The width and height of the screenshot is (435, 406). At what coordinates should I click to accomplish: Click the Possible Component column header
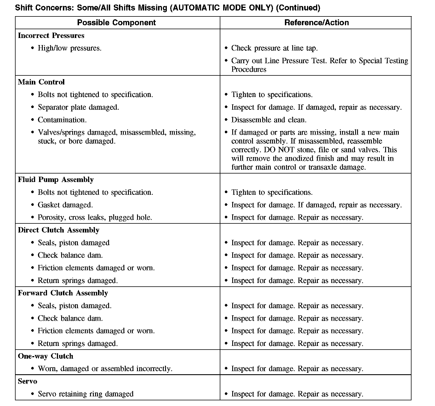116,23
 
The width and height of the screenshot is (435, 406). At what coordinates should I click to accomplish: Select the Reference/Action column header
316,23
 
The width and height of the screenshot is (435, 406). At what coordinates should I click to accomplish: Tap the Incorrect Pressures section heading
51,36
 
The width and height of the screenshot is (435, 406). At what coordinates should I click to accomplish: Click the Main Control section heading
41,82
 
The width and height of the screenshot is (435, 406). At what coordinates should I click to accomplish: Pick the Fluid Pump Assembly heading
56,180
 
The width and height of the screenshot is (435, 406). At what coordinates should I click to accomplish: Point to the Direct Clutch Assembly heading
58,230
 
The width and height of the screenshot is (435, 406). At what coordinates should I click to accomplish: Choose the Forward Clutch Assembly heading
63,293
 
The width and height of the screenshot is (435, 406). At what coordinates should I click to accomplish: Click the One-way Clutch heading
45,356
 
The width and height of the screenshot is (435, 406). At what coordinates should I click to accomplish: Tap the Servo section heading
27,382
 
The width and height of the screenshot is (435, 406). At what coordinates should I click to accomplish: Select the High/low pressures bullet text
69,48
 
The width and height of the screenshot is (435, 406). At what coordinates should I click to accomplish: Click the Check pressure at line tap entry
274,48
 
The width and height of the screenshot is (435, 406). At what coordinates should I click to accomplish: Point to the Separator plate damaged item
78,107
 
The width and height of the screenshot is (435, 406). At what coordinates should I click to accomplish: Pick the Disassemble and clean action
268,120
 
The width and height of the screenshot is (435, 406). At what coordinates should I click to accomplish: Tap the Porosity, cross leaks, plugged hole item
95,217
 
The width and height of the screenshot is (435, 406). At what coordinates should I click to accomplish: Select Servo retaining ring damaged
86,394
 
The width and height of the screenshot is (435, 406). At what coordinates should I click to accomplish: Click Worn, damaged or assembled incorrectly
105,369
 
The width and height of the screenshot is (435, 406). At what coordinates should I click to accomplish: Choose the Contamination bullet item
62,120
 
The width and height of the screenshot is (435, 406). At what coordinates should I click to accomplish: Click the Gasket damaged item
65,205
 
